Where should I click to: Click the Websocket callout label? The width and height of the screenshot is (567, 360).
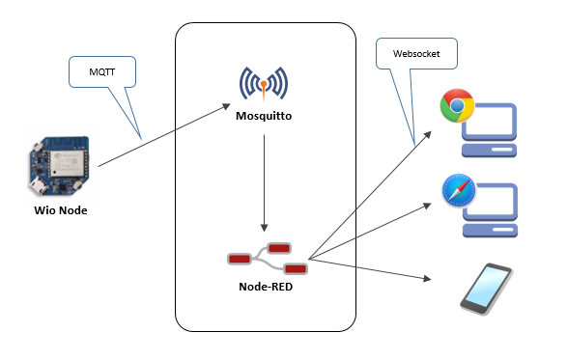click(416, 55)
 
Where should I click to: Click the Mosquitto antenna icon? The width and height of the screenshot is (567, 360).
click(263, 86)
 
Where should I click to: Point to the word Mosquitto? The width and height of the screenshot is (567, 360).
click(263, 116)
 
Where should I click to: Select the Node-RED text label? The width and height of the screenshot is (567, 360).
click(266, 287)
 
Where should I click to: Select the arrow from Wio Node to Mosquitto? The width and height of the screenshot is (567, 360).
click(164, 136)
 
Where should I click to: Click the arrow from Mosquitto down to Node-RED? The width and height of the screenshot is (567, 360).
click(264, 183)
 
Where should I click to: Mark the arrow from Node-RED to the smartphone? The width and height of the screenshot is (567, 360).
click(367, 269)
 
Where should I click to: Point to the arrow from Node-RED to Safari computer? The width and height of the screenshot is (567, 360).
click(367, 232)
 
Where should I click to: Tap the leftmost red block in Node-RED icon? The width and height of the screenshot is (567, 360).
click(239, 259)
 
